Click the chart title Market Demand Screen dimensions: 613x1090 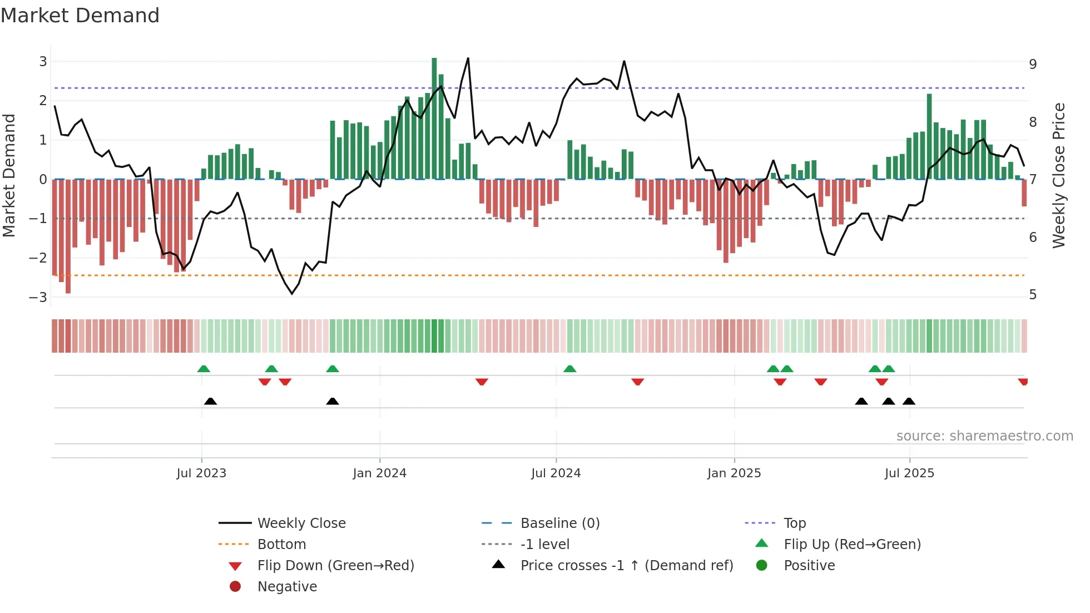point(80,16)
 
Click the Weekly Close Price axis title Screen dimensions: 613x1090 point(1059,175)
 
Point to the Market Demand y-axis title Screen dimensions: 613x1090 point(9,175)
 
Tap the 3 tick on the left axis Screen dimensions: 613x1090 point(43,62)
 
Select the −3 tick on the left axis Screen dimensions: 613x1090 point(38,297)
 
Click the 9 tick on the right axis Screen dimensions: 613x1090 point(1033,65)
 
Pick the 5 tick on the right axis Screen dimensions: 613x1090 point(1033,295)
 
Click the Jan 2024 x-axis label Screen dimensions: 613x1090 point(379,473)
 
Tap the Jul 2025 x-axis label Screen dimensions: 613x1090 point(909,473)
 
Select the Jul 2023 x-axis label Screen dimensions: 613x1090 point(201,473)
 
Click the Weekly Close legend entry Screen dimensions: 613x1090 point(301,523)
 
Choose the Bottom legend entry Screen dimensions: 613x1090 point(281,545)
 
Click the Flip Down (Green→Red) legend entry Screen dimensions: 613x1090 point(335,566)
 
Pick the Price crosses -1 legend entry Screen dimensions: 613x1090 point(626,566)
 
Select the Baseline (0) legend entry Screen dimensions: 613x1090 point(559,523)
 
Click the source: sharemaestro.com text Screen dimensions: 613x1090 point(984,436)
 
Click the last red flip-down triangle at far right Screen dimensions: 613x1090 point(1023,382)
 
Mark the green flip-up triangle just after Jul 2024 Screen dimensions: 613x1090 point(569,369)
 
